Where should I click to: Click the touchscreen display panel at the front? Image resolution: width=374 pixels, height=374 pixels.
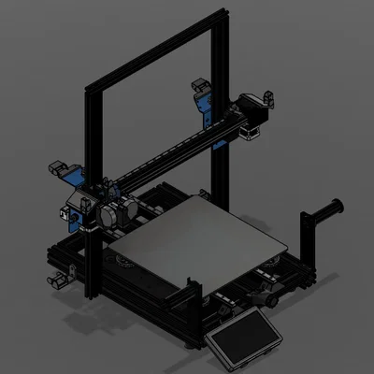[246, 336]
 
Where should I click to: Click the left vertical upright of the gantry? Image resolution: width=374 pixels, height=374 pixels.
[91, 187]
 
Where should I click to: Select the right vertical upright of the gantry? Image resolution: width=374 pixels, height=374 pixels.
[220, 112]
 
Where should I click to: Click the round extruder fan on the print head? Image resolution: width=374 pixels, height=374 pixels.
[108, 214]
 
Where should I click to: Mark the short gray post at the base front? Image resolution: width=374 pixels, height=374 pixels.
[191, 288]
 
